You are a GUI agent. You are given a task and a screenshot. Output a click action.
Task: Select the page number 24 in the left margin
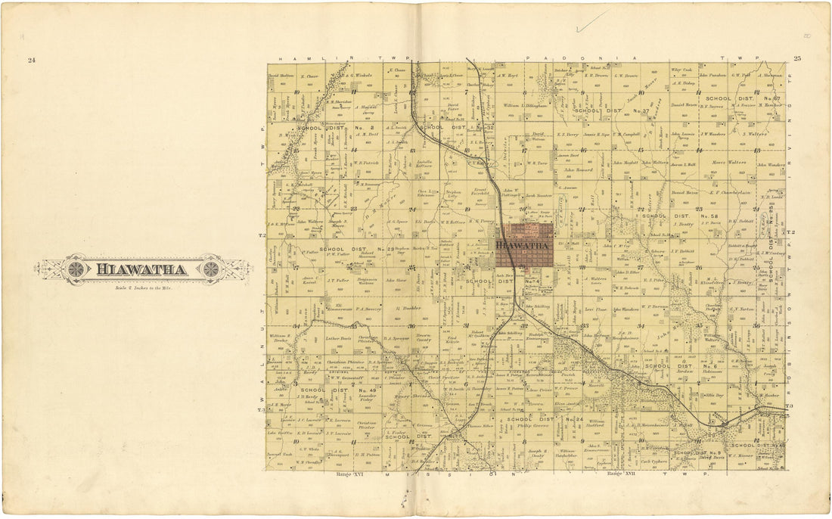[x=31, y=61]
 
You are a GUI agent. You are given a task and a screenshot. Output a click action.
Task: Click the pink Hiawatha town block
[x=524, y=245]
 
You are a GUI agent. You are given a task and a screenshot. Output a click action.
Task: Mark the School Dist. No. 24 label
[x=545, y=419]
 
